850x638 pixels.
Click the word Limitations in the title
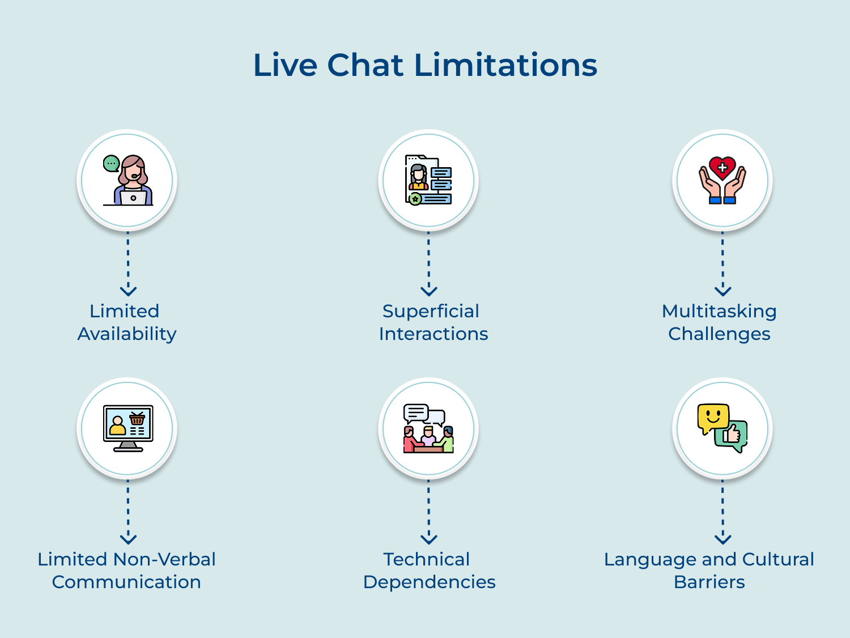[505, 65]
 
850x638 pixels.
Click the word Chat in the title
[365, 65]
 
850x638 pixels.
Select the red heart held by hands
[722, 168]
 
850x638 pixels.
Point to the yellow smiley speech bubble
[712, 418]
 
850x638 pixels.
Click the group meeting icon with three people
[428, 428]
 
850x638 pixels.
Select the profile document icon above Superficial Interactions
[428, 180]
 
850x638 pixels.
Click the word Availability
[127, 334]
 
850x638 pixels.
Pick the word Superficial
[431, 311]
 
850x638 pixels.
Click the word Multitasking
[719, 311]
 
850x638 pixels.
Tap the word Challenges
[719, 334]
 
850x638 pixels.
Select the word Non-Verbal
[164, 559]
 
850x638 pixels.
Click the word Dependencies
[429, 582]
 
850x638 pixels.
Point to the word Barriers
[709, 582]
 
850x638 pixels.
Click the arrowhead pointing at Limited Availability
[128, 291]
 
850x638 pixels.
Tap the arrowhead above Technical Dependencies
[429, 539]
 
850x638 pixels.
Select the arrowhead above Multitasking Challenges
[722, 291]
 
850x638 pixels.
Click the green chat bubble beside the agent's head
[111, 164]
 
